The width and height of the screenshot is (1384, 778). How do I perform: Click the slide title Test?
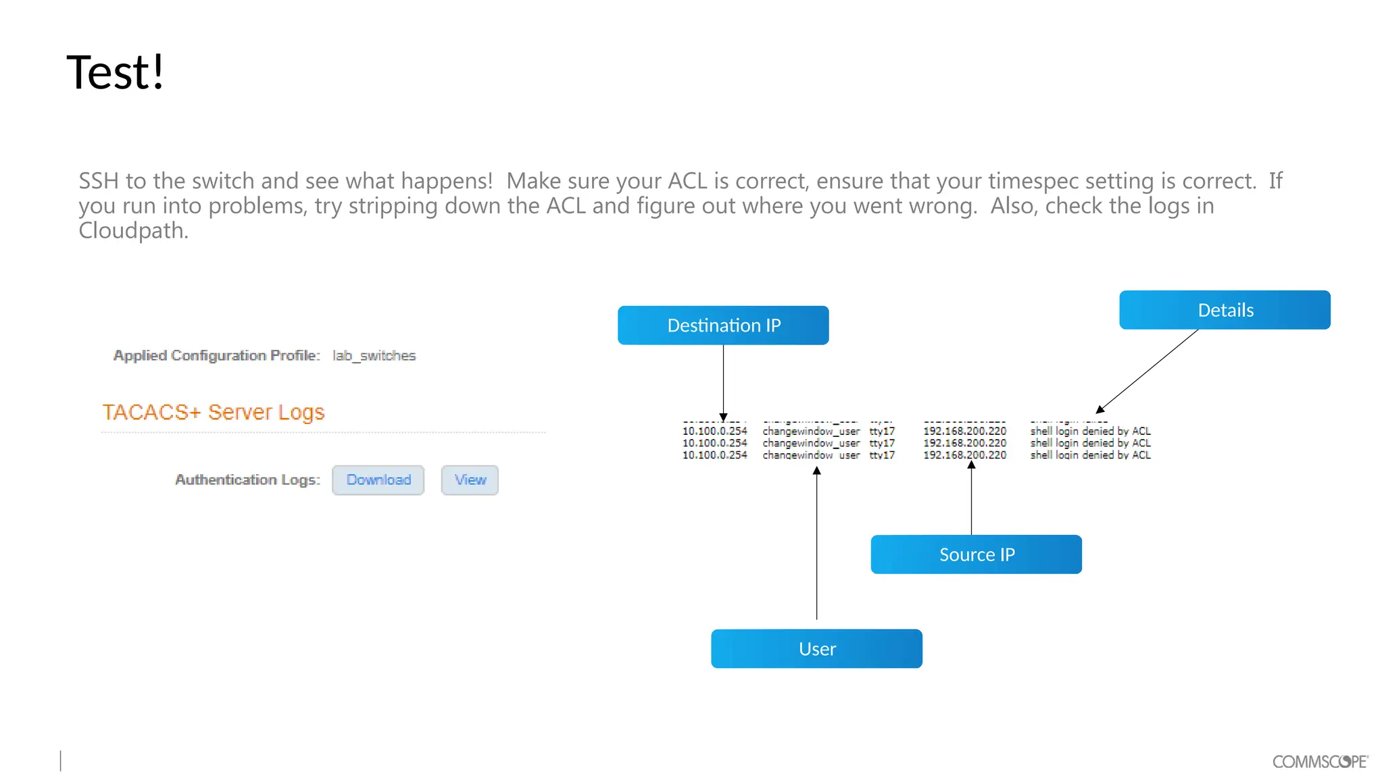pyautogui.click(x=116, y=72)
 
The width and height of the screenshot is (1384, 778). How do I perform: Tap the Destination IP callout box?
pyautogui.click(x=723, y=326)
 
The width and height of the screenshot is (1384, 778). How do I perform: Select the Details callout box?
pyautogui.click(x=1225, y=310)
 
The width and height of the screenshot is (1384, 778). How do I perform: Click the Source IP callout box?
pyautogui.click(x=976, y=554)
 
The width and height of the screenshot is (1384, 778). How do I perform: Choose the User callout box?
pyautogui.click(x=816, y=649)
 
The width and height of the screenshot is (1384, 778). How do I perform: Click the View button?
pyautogui.click(x=470, y=480)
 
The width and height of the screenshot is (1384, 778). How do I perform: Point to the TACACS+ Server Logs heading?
pyautogui.click(x=214, y=412)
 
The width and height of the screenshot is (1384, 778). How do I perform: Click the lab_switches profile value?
pyautogui.click(x=374, y=356)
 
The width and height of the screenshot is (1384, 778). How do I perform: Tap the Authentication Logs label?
pyautogui.click(x=247, y=480)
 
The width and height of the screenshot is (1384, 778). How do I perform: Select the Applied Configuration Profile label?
pyautogui.click(x=216, y=356)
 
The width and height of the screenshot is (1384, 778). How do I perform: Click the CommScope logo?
pyautogui.click(x=1320, y=762)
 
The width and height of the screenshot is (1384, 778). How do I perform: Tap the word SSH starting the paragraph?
pyautogui.click(x=99, y=181)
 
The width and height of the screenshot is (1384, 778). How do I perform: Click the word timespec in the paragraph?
pyautogui.click(x=1033, y=181)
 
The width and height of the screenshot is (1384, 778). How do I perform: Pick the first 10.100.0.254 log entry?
pyautogui.click(x=714, y=431)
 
